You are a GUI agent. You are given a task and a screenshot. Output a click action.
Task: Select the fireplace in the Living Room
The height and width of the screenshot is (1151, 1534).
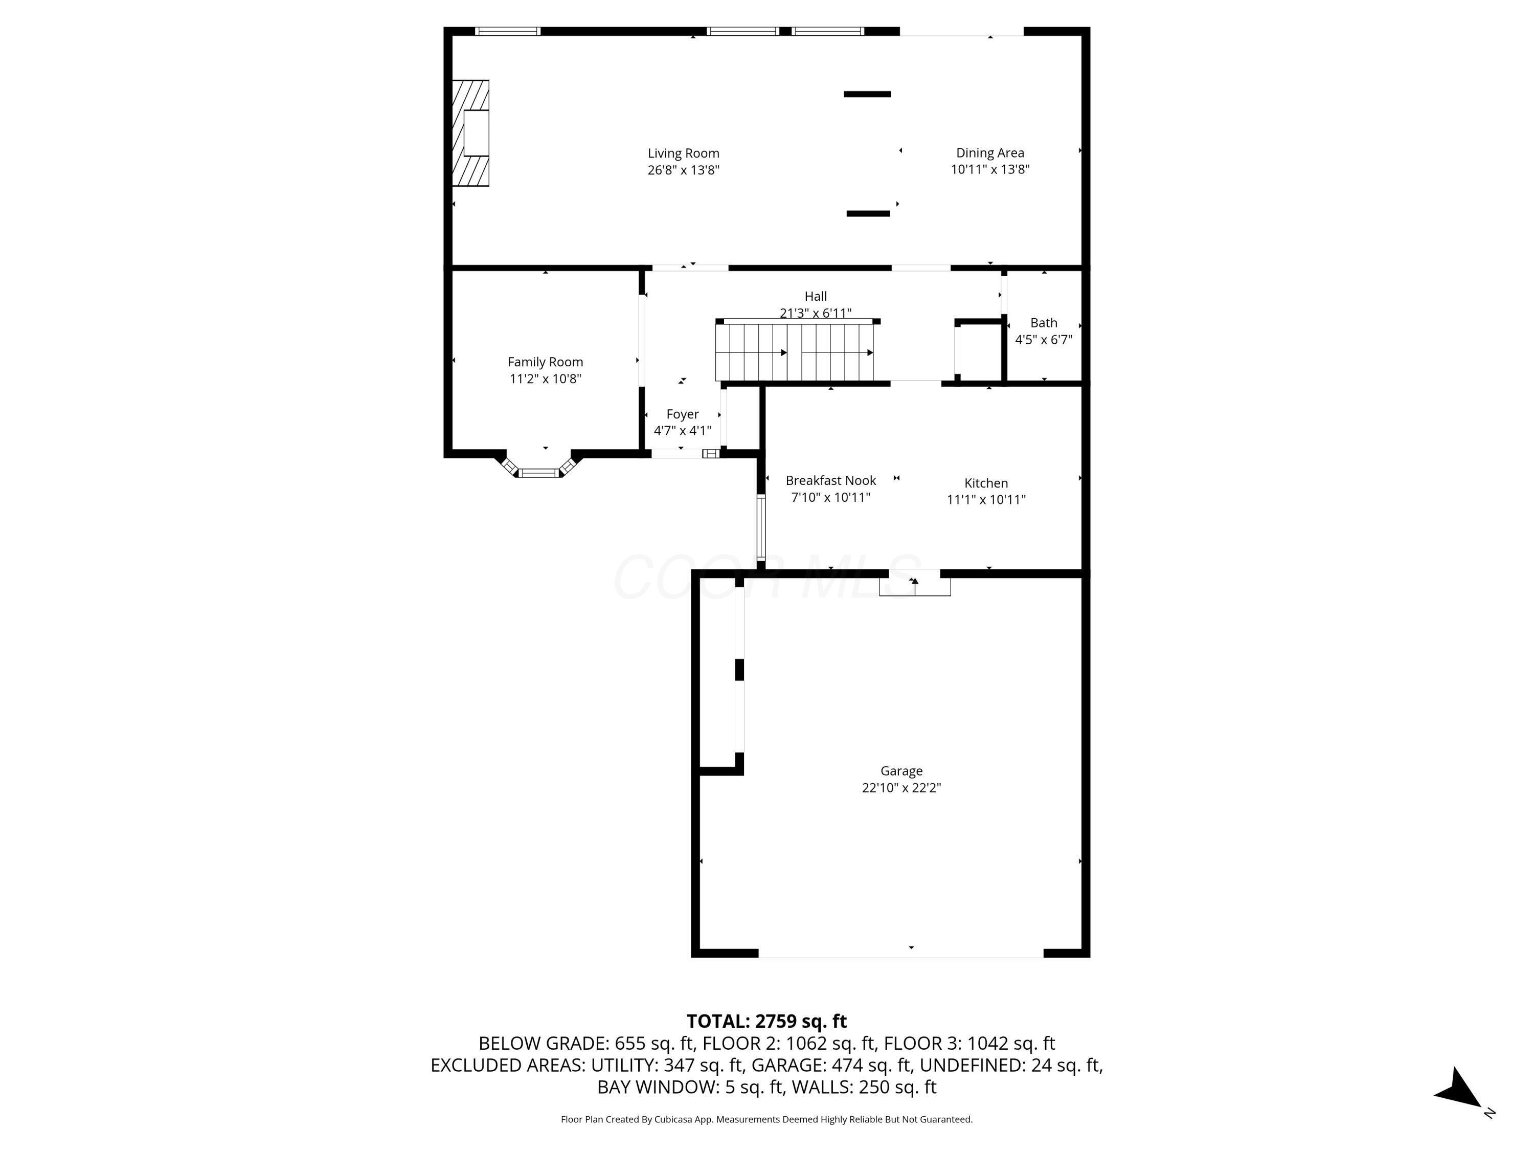pos(471,133)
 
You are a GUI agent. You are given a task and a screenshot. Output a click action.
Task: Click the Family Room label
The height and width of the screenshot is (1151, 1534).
pos(545,362)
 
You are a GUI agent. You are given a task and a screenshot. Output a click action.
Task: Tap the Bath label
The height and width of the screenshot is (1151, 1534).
pos(1044,323)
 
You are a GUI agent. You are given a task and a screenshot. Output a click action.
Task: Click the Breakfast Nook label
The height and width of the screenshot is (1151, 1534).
pos(831,480)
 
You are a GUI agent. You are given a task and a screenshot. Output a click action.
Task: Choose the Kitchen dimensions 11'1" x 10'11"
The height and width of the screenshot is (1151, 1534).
pos(986,499)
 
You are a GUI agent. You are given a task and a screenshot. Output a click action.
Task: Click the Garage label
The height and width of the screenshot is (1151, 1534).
pos(901,771)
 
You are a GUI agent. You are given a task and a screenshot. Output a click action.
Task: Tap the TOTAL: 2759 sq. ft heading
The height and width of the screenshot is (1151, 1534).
pos(766,1021)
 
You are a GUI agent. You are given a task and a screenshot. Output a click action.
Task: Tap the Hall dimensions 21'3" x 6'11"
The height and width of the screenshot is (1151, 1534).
pos(816,313)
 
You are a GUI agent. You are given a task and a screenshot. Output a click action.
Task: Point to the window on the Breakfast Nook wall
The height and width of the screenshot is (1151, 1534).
pos(761,527)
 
